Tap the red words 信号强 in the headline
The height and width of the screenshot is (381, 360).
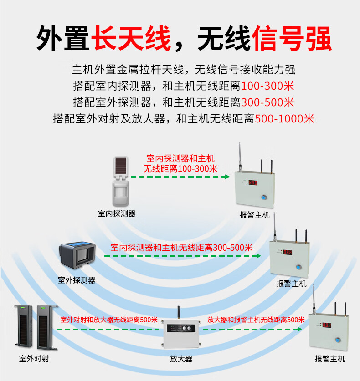[x=291, y=38]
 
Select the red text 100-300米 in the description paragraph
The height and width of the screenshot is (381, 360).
[x=267, y=86]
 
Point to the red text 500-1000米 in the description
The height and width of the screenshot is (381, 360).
[x=284, y=119]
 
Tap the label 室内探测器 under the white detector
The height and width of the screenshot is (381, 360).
[x=117, y=213]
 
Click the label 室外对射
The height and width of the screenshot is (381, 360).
[x=34, y=359]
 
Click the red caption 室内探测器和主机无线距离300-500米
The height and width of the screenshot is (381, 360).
[x=181, y=248]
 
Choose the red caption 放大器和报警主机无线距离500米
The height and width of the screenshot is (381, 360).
[x=256, y=320]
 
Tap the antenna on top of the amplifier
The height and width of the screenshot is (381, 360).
[x=179, y=313]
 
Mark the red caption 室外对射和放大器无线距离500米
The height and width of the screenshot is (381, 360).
[x=109, y=320]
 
